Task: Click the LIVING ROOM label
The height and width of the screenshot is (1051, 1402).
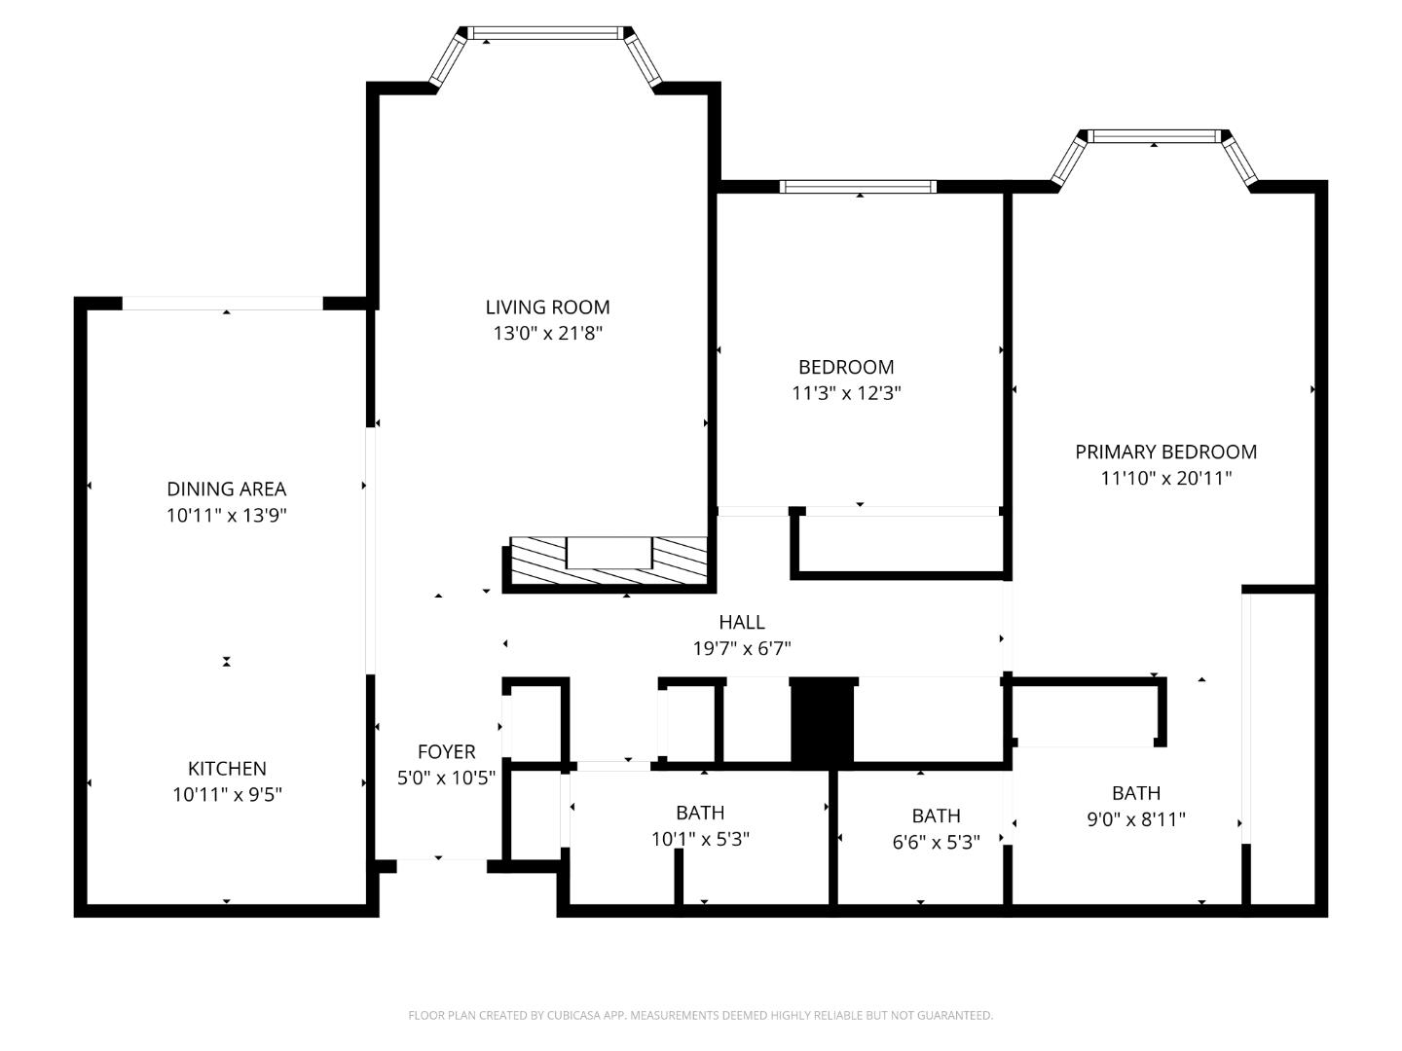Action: pyautogui.click(x=547, y=308)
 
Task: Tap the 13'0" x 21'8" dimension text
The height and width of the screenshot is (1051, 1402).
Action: pyautogui.click(x=547, y=334)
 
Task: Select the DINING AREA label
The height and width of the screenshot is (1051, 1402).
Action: pyautogui.click(x=226, y=489)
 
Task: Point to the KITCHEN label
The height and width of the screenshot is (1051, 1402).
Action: pyautogui.click(x=227, y=769)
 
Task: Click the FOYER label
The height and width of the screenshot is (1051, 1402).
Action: pyautogui.click(x=446, y=752)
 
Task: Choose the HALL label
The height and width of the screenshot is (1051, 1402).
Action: pyautogui.click(x=741, y=622)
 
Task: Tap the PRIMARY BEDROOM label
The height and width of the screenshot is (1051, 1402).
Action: pyautogui.click(x=1165, y=452)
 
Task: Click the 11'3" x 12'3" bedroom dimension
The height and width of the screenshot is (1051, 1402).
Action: pyautogui.click(x=845, y=393)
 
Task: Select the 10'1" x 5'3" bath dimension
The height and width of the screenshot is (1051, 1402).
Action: pyautogui.click(x=699, y=839)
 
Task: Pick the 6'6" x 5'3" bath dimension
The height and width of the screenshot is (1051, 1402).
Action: pyautogui.click(x=936, y=842)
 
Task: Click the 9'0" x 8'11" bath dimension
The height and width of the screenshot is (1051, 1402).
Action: pyautogui.click(x=1135, y=819)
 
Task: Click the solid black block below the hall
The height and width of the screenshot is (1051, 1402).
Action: pyautogui.click(x=823, y=721)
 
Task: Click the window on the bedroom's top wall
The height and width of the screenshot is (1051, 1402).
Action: pyautogui.click(x=858, y=187)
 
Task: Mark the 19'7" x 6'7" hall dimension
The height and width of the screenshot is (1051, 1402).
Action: pyautogui.click(x=741, y=648)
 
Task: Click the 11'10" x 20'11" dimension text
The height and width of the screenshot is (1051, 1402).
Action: pyautogui.click(x=1165, y=478)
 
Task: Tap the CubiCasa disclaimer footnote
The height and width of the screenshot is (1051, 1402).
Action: pyautogui.click(x=700, y=1015)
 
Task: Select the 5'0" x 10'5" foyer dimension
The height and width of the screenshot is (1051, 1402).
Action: pyautogui.click(x=446, y=779)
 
